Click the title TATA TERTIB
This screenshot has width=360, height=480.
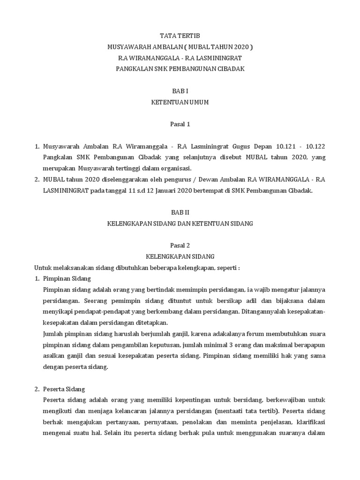[x=180, y=35]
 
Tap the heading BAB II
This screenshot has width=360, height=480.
[x=180, y=212]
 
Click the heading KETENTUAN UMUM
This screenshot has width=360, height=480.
[x=180, y=102]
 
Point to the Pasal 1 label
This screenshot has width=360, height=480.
[x=180, y=124]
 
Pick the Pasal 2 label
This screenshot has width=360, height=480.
[x=180, y=245]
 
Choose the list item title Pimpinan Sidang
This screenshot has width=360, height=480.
[x=63, y=279]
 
